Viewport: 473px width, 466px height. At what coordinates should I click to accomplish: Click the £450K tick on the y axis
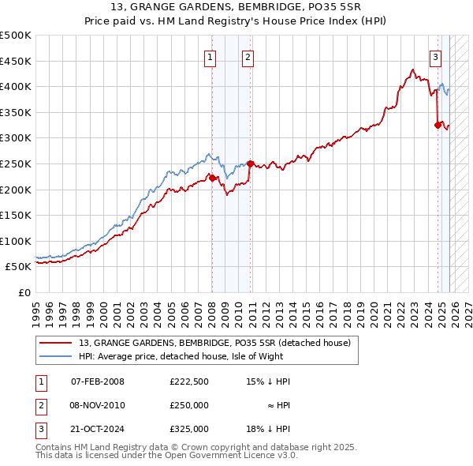(16, 61)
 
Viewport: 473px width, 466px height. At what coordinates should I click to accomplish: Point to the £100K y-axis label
(16, 241)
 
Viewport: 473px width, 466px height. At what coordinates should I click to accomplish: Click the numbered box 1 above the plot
(211, 57)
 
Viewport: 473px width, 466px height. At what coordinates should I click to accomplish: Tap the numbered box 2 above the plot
(248, 57)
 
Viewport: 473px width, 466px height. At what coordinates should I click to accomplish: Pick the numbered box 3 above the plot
(435, 57)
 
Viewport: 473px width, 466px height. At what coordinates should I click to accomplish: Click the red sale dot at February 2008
(212, 179)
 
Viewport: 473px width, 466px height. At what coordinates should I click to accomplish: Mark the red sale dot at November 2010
(250, 164)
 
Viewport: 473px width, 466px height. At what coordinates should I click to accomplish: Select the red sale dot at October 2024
(438, 125)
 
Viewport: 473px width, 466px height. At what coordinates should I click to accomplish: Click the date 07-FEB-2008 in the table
(98, 381)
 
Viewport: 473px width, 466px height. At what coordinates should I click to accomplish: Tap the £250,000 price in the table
(189, 405)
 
